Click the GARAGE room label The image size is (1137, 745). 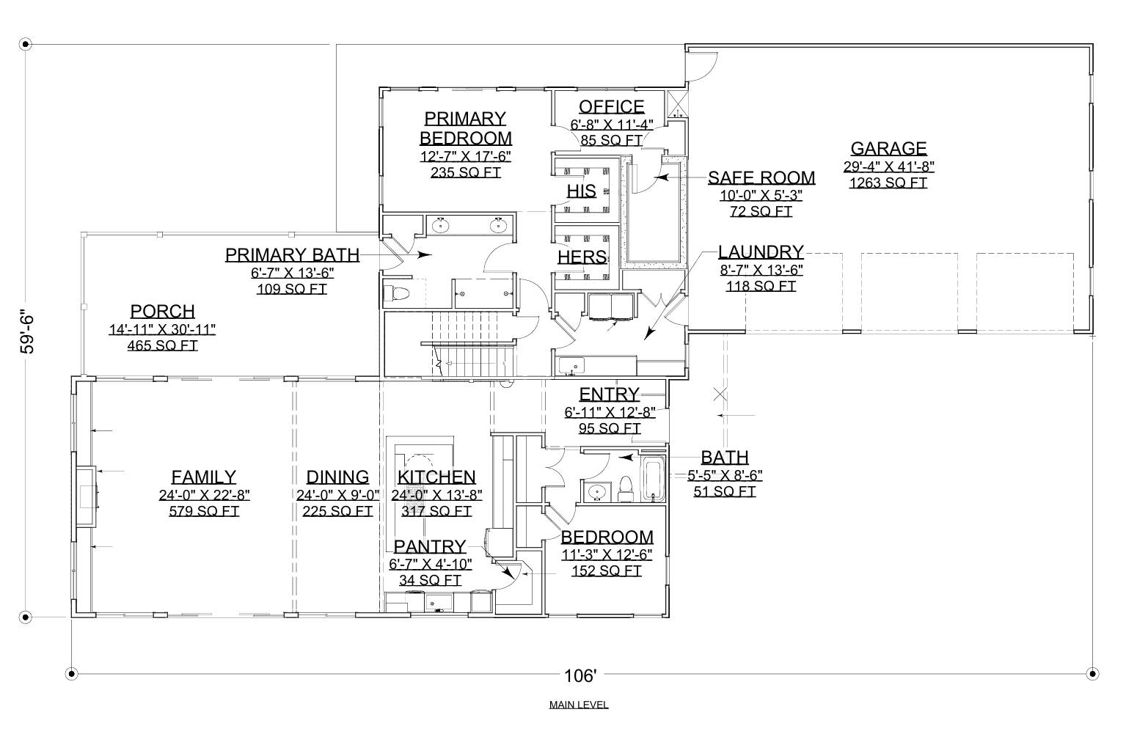pos(888,148)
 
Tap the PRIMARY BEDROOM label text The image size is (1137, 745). pos(465,128)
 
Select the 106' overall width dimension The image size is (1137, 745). pos(581,675)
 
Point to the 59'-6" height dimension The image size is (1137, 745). pos(29,330)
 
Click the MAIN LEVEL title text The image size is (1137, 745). pos(579,705)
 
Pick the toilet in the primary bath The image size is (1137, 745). pos(395,295)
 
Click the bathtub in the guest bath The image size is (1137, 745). pos(652,480)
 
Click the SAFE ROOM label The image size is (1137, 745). pos(761,178)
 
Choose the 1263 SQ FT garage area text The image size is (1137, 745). pos(888,183)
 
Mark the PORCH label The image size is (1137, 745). pos(162,311)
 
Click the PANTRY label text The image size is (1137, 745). pos(430,546)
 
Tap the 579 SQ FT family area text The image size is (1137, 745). pos(204,511)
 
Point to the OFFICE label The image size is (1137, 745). pos(611,107)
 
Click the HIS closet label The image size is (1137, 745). pos(581,191)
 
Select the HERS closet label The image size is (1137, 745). pos(582,257)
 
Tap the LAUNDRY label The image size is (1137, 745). pos(761,252)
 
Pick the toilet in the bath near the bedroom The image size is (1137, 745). pos(626,488)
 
